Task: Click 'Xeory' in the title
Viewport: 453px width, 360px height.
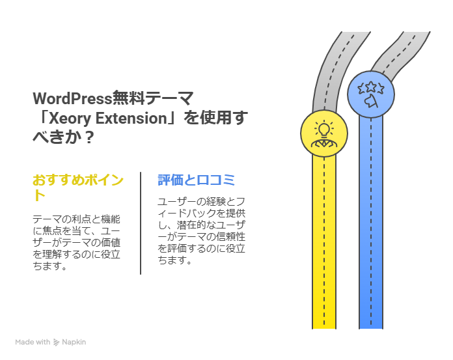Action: (70, 118)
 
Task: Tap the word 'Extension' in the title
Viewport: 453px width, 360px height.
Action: (130, 118)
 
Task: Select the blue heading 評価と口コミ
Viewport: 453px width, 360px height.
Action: (196, 180)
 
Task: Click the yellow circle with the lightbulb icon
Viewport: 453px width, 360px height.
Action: (323, 133)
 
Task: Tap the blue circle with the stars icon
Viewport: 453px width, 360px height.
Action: (370, 94)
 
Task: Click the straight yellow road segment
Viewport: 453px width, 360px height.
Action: (323, 247)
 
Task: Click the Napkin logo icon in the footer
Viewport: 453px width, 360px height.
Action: (57, 342)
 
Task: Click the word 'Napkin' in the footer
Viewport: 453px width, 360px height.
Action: (74, 342)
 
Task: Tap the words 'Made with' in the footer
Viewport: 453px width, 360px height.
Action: (33, 342)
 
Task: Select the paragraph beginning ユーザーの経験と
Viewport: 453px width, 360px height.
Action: (200, 230)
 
